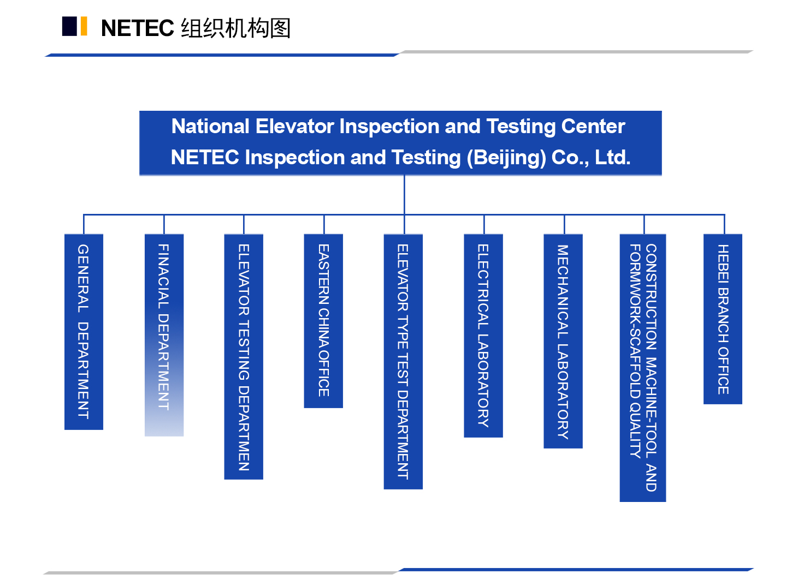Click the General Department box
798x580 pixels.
click(x=84, y=332)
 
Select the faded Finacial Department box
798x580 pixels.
click(x=164, y=336)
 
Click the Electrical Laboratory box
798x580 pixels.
click(x=484, y=336)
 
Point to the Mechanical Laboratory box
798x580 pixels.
click(x=564, y=342)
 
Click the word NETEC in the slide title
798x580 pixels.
click(x=138, y=28)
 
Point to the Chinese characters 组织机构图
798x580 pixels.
click(x=236, y=28)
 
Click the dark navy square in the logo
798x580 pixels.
click(x=69, y=26)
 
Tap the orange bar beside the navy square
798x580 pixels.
click(x=84, y=26)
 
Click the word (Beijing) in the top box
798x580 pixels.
click(x=506, y=158)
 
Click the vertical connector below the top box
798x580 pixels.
click(x=405, y=195)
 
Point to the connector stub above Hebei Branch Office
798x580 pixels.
click(x=725, y=225)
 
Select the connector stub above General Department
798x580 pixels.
click(x=84, y=225)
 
